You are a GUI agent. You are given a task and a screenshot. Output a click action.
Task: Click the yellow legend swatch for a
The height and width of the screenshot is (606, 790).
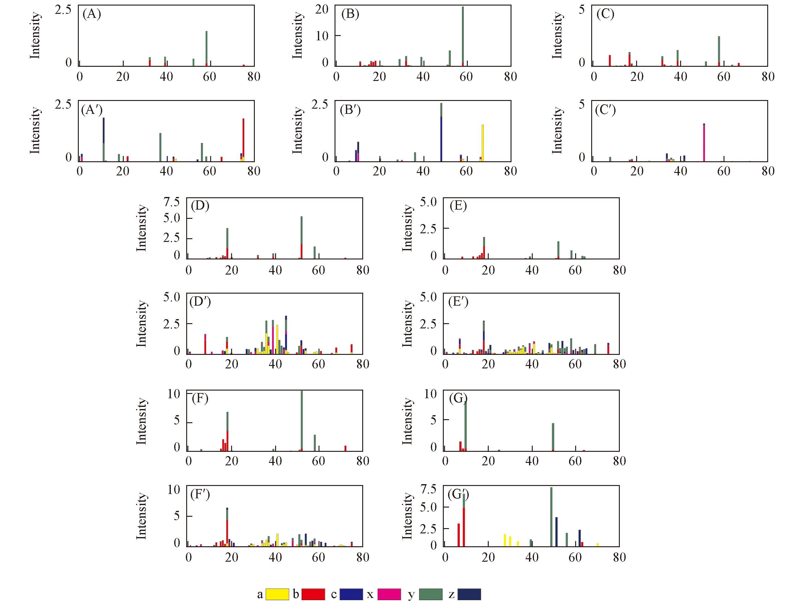coord(277,594)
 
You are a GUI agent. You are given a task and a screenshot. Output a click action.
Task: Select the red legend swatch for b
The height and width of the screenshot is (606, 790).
coord(313,594)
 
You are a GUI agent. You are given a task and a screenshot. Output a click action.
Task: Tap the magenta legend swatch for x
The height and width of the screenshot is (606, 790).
coord(389,594)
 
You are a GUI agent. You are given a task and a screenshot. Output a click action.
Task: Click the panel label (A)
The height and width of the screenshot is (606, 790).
coord(92,14)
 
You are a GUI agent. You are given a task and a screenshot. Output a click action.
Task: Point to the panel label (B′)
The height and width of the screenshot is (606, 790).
coord(350,110)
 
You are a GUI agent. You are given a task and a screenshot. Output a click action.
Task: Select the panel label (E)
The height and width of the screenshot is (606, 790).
coord(458,206)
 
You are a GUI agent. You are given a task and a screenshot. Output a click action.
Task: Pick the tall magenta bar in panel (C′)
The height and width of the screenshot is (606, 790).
coord(704,142)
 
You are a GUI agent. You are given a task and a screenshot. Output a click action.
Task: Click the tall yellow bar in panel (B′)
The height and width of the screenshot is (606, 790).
coord(483,142)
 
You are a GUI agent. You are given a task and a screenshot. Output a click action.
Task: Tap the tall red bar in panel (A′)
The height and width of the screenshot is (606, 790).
coord(243,139)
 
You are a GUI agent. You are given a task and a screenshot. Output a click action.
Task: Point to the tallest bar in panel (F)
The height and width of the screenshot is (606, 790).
coord(302,420)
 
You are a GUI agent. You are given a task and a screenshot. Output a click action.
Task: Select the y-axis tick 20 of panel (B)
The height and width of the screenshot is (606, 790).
coord(322,9)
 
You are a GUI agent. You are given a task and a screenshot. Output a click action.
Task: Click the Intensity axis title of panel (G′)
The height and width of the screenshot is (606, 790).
coord(407,516)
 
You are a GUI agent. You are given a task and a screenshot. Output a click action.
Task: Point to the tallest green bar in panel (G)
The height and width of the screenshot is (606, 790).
coord(466,426)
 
